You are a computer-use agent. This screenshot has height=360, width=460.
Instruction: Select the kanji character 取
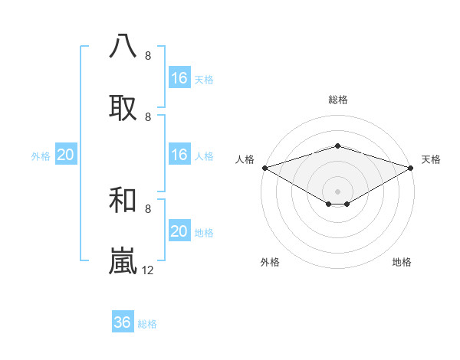(x=123, y=107)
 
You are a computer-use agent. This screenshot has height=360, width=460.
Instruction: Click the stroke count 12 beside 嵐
(x=149, y=270)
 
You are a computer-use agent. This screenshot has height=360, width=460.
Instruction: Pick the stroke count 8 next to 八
(x=148, y=56)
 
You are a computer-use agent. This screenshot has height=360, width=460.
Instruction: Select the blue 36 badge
(x=123, y=322)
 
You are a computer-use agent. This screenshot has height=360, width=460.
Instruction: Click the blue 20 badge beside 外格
(x=66, y=155)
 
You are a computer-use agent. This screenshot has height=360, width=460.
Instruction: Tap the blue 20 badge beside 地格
(x=179, y=231)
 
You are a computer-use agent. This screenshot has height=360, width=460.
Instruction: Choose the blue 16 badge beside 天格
(x=179, y=78)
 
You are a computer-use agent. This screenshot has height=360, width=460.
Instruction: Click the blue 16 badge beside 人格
(x=179, y=155)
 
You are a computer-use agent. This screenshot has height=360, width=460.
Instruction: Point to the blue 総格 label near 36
(x=147, y=324)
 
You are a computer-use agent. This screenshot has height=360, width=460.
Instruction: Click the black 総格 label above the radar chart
(x=337, y=100)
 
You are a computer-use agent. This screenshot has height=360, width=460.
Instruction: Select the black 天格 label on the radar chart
(x=431, y=159)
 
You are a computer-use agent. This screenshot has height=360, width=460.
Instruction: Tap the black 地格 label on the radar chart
(x=402, y=263)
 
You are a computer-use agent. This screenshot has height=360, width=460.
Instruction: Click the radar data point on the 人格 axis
(x=264, y=168)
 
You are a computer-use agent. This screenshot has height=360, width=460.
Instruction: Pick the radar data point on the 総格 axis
(x=337, y=146)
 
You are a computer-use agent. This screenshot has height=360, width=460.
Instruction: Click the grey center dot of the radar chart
(x=337, y=191)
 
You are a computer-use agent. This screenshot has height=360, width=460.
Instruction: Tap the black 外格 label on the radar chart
(x=270, y=263)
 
